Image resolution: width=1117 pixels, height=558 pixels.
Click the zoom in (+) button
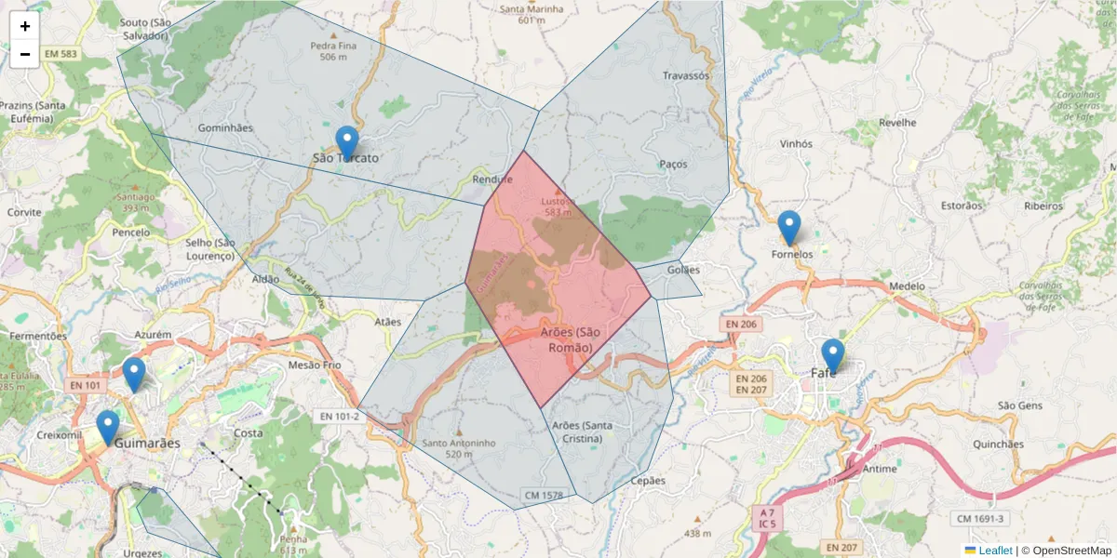(25, 26)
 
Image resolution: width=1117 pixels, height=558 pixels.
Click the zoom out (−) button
(25, 54)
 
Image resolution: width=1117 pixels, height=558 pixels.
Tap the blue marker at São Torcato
(347, 143)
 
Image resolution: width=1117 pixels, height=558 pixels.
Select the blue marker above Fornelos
(789, 228)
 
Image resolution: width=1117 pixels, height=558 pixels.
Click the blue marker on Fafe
(832, 356)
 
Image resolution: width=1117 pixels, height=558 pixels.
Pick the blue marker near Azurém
(134, 375)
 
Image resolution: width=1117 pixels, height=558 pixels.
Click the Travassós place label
(685, 75)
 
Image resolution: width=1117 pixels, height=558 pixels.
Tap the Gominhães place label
(225, 127)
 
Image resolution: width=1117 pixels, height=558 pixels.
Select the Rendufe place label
(493, 179)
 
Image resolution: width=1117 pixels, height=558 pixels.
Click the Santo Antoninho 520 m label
(458, 448)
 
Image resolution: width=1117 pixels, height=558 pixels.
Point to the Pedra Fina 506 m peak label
(333, 50)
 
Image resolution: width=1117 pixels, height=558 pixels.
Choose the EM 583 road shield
(59, 54)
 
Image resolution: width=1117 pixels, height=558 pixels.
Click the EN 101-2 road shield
(337, 416)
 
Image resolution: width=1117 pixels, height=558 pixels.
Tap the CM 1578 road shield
(543, 496)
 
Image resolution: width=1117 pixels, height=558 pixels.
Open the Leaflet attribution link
(994, 550)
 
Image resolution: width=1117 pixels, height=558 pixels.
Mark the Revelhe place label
(897, 123)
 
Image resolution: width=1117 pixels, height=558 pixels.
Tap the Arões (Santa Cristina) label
(582, 432)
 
